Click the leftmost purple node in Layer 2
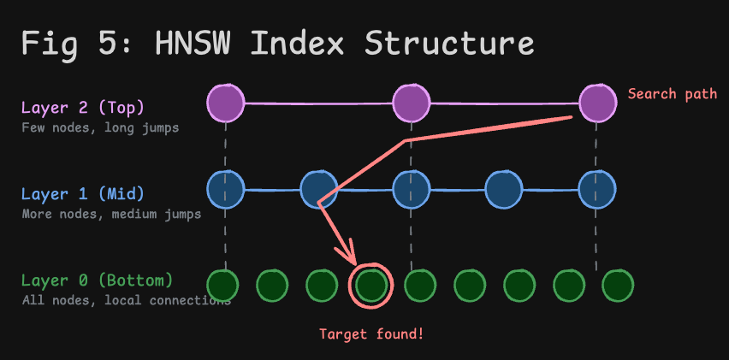(x=226, y=103)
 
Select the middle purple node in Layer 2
(x=411, y=103)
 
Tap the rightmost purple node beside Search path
(x=597, y=103)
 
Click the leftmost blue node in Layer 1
(x=226, y=189)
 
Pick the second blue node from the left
(x=318, y=189)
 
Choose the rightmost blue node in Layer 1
(x=597, y=189)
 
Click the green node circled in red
(x=371, y=285)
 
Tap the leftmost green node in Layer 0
(x=222, y=285)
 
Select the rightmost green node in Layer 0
(x=617, y=285)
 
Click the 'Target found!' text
(x=371, y=333)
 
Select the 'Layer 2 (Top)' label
(x=83, y=109)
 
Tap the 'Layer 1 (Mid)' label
(x=83, y=194)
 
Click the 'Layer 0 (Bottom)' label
(x=97, y=280)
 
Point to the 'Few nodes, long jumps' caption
(x=100, y=128)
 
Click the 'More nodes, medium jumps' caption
(x=111, y=214)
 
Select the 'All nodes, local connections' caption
(x=125, y=300)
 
